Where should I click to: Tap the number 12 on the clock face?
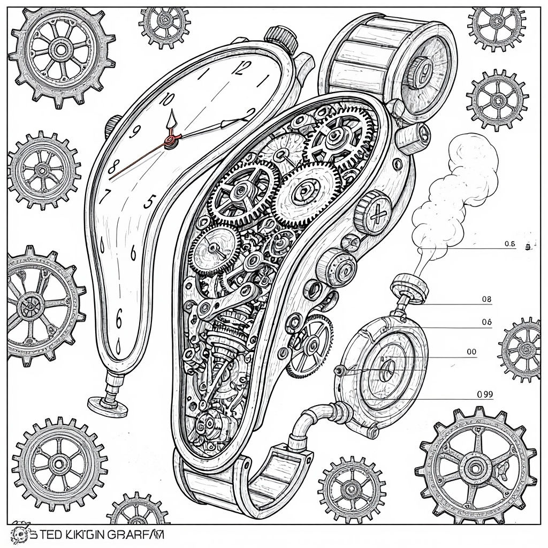(x=242, y=68)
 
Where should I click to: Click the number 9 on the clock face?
(x=135, y=131)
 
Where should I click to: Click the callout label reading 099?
(x=484, y=394)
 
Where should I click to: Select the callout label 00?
(x=471, y=352)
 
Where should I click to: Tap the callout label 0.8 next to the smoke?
(x=509, y=244)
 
